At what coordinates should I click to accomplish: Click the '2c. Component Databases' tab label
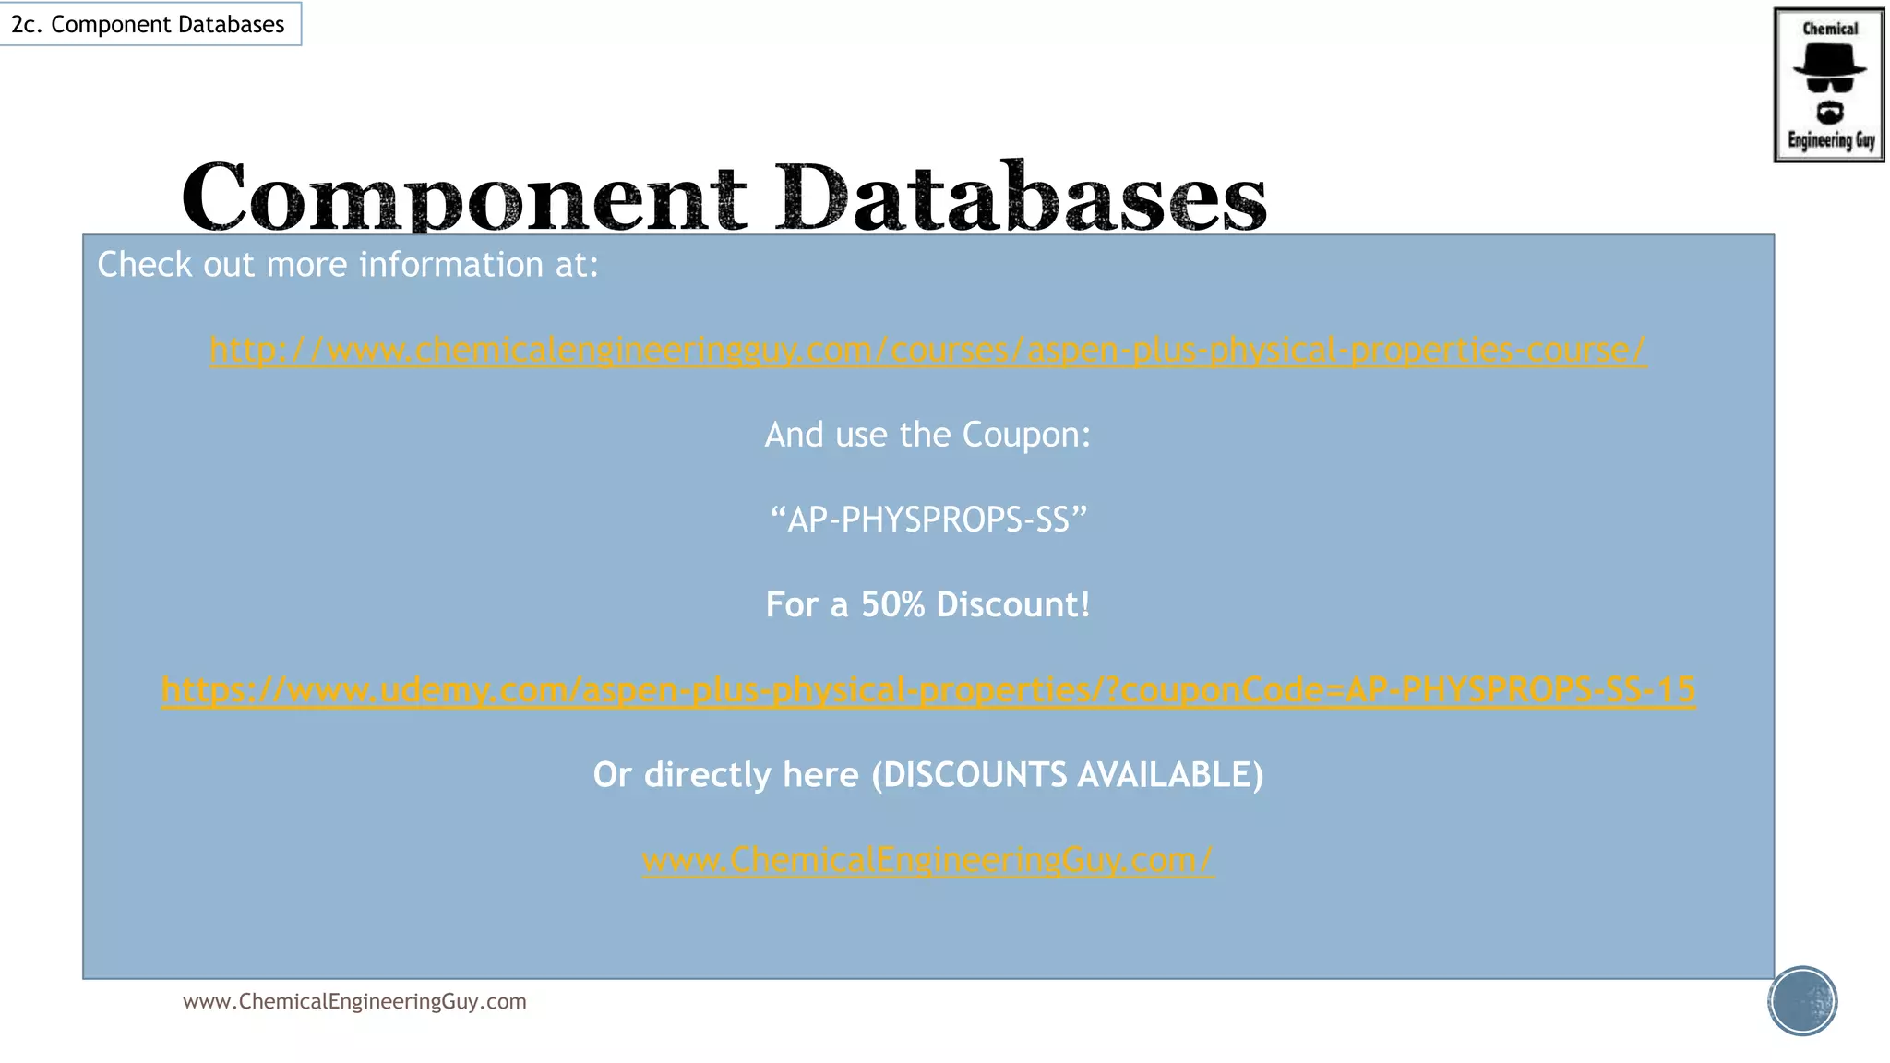(x=148, y=24)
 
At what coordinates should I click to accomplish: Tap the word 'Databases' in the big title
(x=1021, y=197)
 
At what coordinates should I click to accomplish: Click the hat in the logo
(x=1829, y=60)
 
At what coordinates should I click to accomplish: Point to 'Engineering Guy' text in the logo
(x=1831, y=140)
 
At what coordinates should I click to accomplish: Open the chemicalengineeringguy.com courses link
(x=927, y=350)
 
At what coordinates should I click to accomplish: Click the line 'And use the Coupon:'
(x=927, y=435)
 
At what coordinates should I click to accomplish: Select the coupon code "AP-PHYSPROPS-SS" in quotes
(x=927, y=520)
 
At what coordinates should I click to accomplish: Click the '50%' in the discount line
(x=892, y=604)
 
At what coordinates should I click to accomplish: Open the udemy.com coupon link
(x=927, y=689)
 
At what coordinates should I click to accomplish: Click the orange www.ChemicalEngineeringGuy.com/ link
(x=927, y=859)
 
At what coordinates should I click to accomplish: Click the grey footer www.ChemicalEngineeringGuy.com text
(x=354, y=1001)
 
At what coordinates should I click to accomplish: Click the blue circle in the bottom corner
(x=1802, y=1000)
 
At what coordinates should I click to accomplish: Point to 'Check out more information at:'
(x=348, y=265)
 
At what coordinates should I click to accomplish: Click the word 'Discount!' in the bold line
(x=1012, y=604)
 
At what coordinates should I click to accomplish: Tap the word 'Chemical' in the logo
(x=1830, y=29)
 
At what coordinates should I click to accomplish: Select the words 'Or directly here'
(x=725, y=774)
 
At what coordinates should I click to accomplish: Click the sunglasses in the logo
(x=1829, y=85)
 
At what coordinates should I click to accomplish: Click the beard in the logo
(x=1830, y=113)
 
